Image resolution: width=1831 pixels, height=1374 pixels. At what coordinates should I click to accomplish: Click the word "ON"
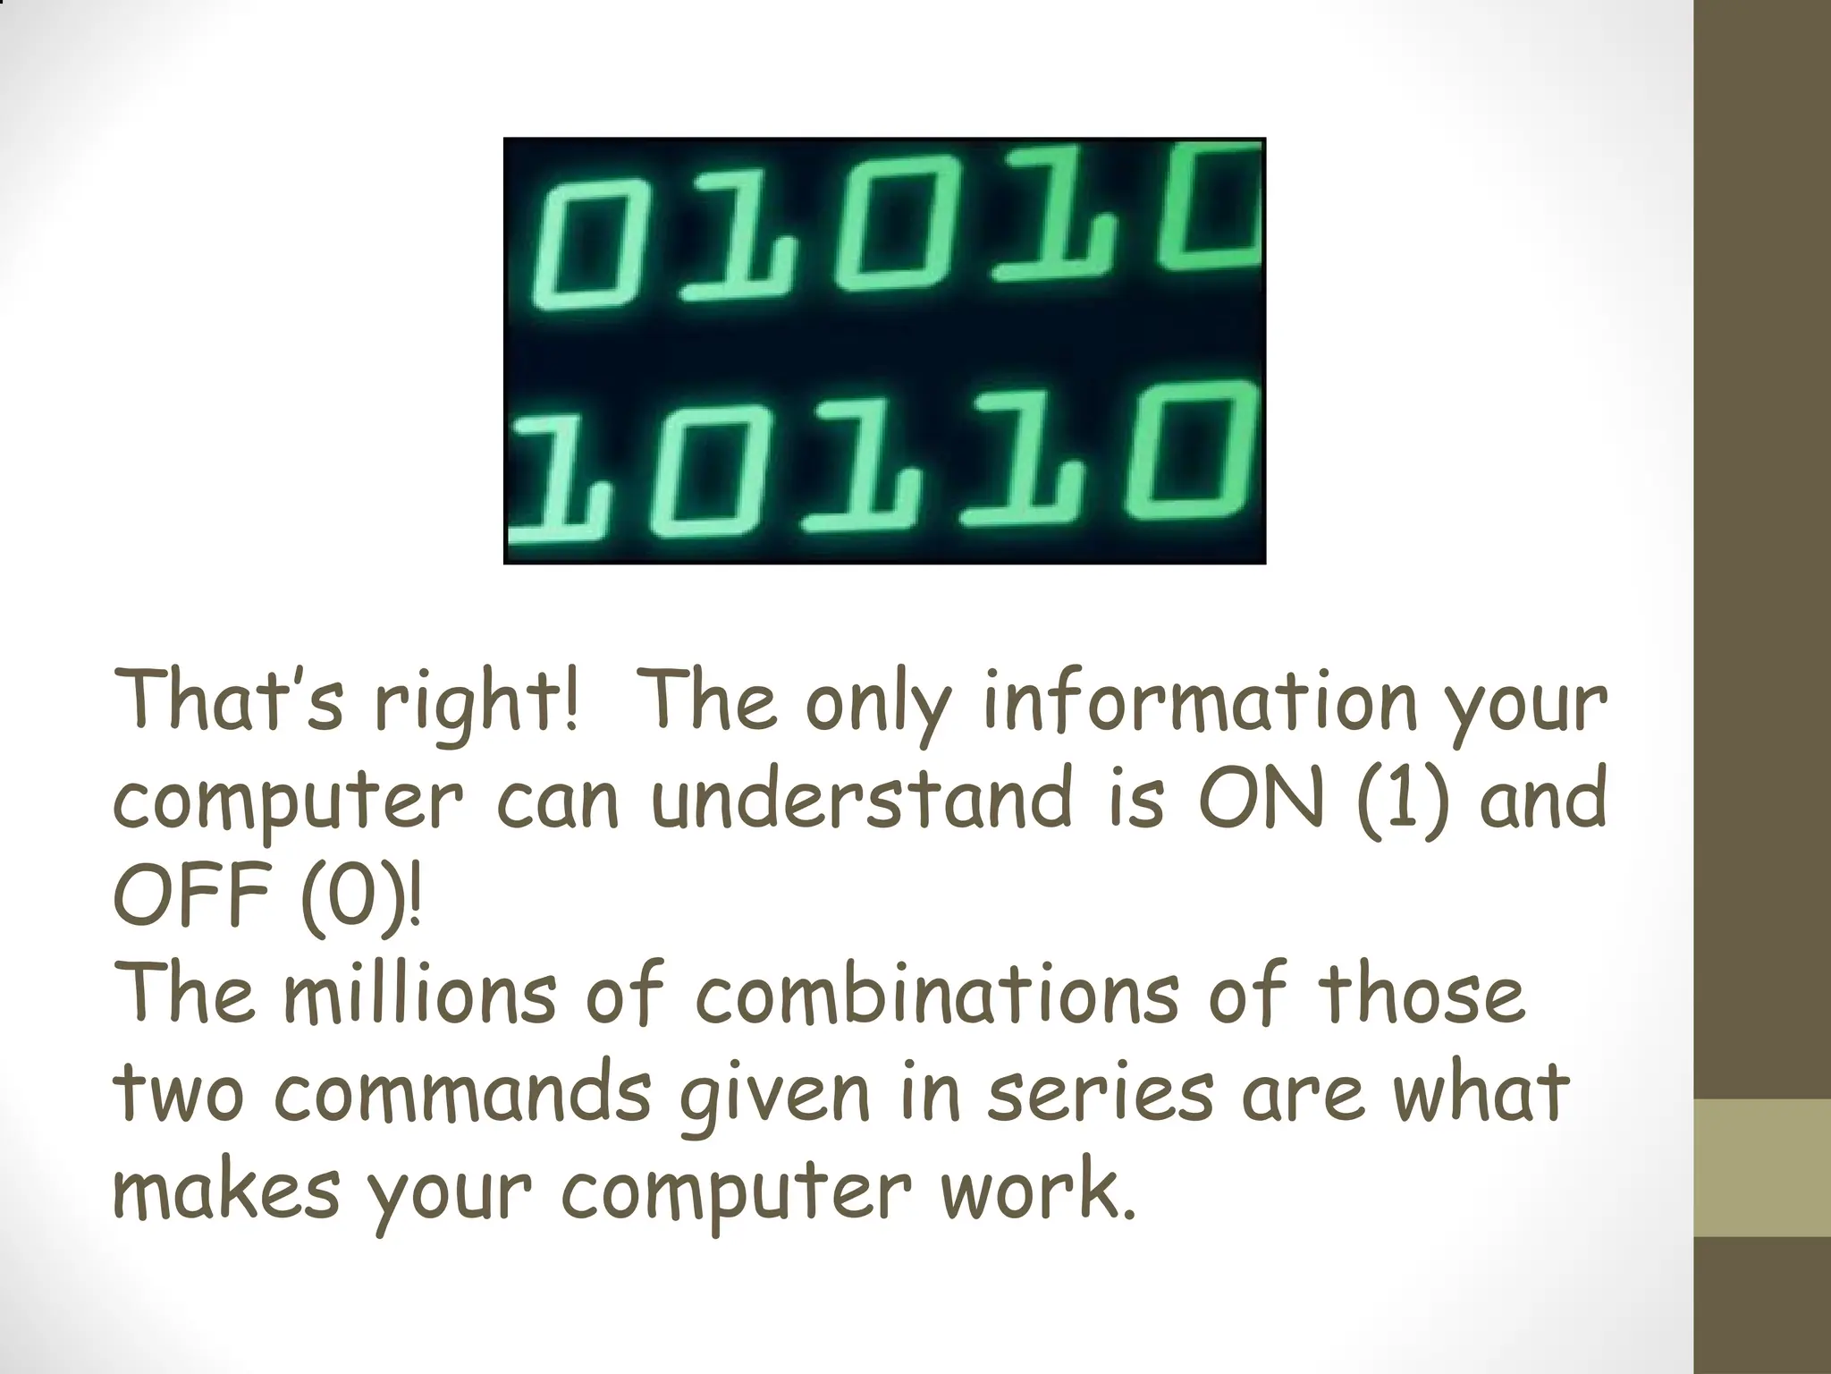1260,798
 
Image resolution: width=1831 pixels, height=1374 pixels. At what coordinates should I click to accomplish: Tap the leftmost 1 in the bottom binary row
545,483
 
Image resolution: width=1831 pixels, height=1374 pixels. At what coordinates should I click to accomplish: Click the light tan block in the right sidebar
1762,1167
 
